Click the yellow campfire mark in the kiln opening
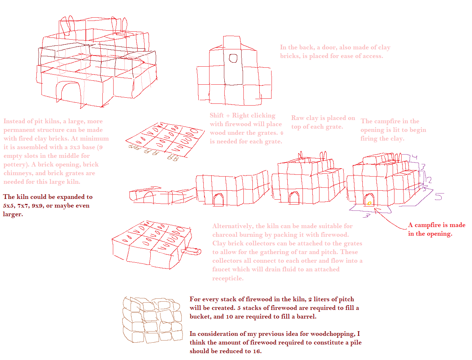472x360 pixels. coord(370,203)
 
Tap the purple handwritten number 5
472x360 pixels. coord(439,196)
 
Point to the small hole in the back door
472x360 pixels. coord(233,58)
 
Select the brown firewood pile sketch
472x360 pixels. coord(153,320)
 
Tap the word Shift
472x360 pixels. coord(217,115)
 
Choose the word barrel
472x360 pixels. coord(306,317)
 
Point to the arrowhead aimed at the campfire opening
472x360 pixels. coord(376,210)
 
